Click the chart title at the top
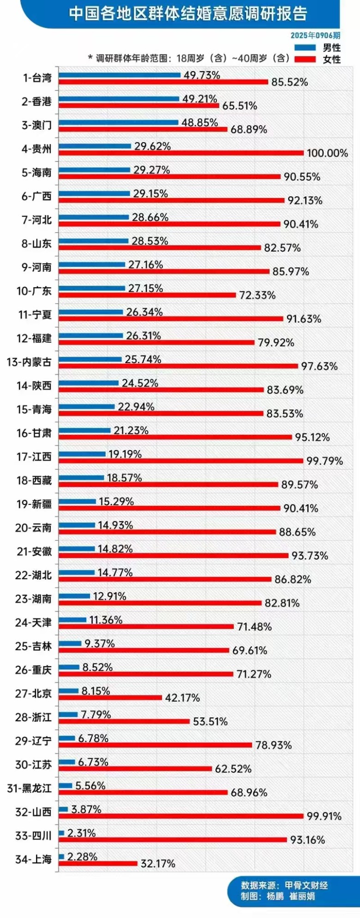point(188,13)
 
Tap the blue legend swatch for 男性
point(305,48)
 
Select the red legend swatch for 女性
point(305,59)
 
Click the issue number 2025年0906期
point(315,36)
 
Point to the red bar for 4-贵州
point(181,153)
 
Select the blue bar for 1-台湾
point(120,75)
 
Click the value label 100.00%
point(327,153)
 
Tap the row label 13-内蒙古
point(29,362)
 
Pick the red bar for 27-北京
point(110,697)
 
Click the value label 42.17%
point(182,698)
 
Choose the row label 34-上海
point(33,859)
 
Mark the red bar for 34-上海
point(98,863)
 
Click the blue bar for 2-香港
point(119,99)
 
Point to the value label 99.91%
point(324,816)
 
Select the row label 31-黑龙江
point(29,788)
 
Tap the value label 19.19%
point(125,454)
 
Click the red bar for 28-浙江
point(124,721)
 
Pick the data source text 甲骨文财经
point(306,885)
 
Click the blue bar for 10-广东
point(92,288)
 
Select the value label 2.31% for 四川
point(81,833)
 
